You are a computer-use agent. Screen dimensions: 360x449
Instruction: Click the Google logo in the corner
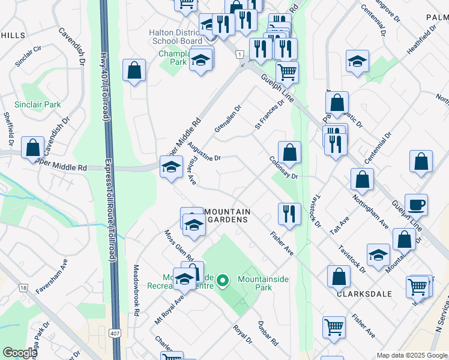19,353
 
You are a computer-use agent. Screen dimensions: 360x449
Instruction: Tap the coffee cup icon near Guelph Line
416,205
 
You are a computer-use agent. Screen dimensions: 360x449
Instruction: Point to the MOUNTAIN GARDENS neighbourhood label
226,216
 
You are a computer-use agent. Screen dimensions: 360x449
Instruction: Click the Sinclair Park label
40,104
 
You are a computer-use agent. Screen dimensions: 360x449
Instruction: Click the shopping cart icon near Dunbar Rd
334,327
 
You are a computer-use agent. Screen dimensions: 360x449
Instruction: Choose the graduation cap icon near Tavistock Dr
378,254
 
